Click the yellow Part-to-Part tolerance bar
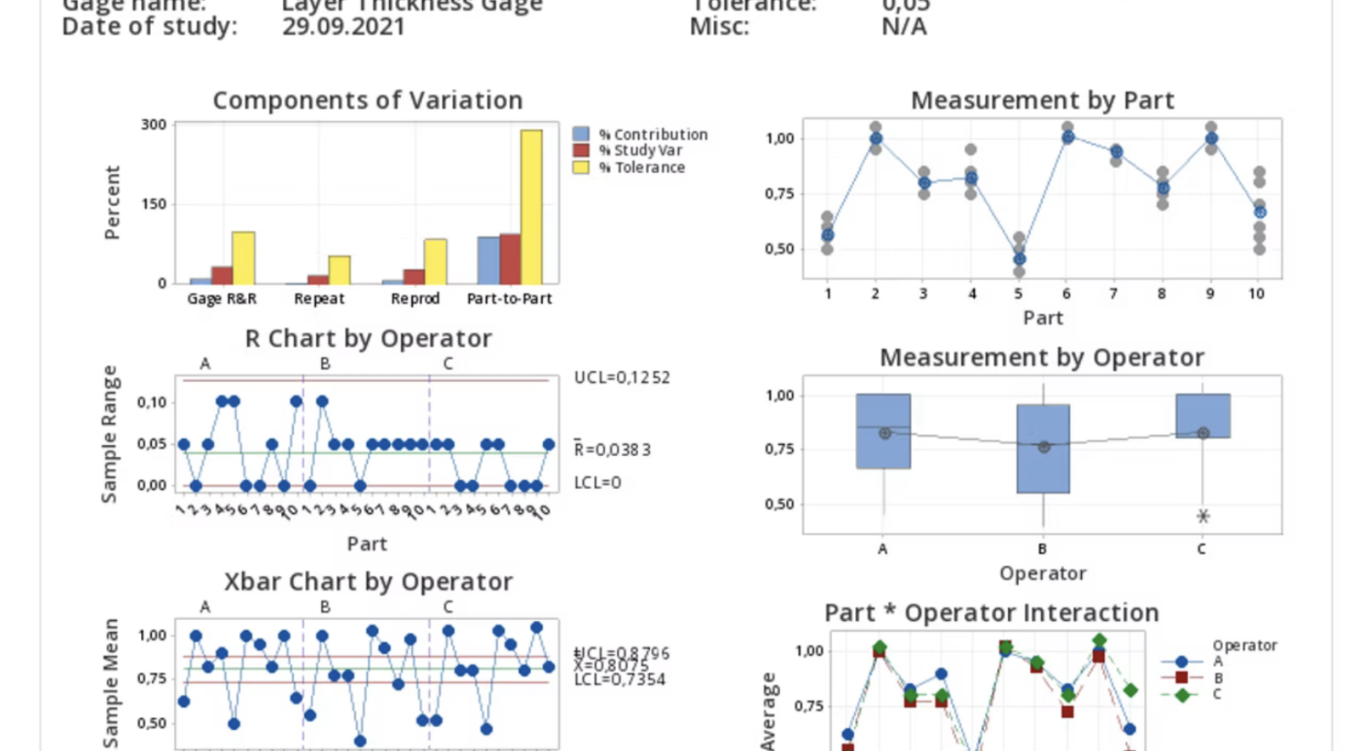[531, 207]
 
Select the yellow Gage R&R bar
[243, 258]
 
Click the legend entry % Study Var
[640, 150]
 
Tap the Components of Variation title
[367, 100]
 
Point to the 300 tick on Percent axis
[154, 125]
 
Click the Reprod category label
[415, 299]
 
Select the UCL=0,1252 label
[622, 377]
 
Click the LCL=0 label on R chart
[597, 483]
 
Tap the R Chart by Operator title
[368, 339]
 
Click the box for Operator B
[1043, 449]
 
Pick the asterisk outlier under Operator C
[1203, 517]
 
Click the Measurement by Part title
[1042, 100]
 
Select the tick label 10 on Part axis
[1256, 294]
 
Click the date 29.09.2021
[343, 27]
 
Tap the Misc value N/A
[904, 27]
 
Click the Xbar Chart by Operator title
[368, 582]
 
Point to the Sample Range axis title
[110, 434]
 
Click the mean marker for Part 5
[1019, 259]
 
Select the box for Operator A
[883, 431]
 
